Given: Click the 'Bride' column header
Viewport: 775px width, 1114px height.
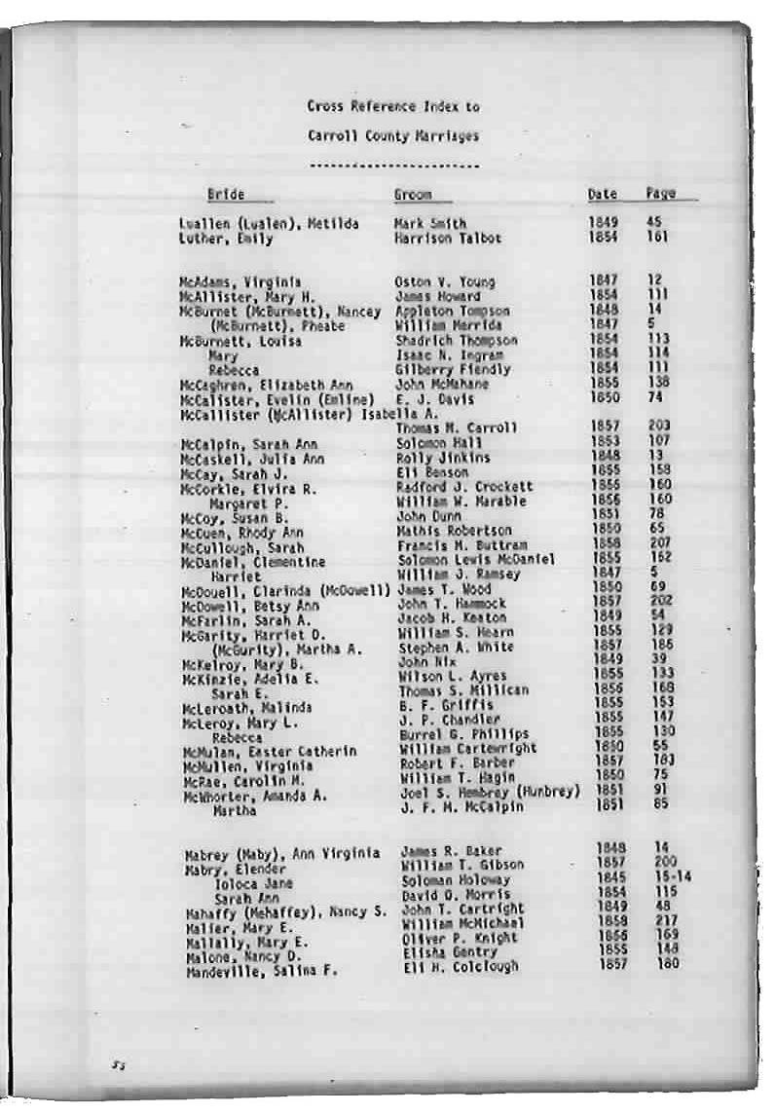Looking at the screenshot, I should pos(226,194).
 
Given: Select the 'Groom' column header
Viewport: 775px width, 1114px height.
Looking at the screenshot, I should pos(413,195).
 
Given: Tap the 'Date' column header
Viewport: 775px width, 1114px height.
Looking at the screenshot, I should pos(603,194).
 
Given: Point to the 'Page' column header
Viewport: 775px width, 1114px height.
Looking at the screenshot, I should pos(660,193).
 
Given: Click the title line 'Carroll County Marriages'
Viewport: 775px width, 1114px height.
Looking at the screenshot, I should pos(393,136).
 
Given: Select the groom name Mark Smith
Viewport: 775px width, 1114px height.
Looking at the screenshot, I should pos(430,223).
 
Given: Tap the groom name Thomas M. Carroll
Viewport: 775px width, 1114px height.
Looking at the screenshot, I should pos(457,427).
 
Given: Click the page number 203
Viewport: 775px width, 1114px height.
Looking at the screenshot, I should pos(659,427).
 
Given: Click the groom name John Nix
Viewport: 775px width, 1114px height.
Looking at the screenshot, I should pos(421,662).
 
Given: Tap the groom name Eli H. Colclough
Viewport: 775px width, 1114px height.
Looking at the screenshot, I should pos(460,967).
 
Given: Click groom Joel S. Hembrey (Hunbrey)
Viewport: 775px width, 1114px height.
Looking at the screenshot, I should pos(490,791).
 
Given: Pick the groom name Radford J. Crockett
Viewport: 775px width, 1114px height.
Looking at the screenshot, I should pos(465,486).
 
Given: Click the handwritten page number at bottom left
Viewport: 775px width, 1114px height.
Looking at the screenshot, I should pos(118,1066).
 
